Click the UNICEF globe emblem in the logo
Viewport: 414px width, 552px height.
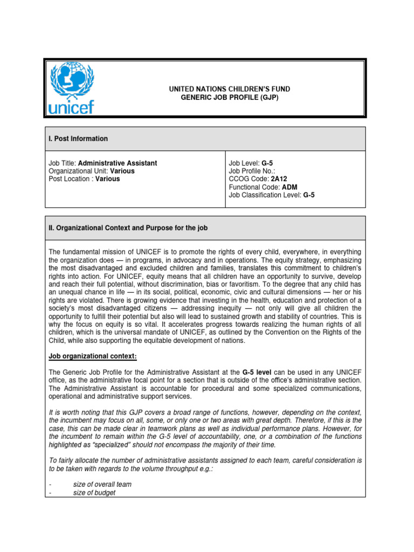(72, 81)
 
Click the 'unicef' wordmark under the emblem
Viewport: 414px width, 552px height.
(71, 107)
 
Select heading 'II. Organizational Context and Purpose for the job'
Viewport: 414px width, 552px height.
(128, 228)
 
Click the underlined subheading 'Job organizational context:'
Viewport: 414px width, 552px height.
(88, 356)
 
